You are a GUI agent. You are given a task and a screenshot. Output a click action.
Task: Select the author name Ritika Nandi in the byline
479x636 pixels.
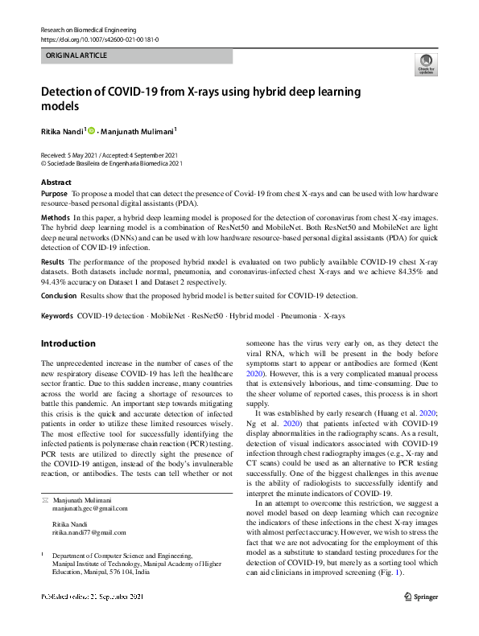[x=61, y=130]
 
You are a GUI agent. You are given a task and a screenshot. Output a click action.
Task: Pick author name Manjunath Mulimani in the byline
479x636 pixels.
[x=139, y=130]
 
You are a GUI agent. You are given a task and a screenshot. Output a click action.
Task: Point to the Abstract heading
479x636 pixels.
[x=56, y=183]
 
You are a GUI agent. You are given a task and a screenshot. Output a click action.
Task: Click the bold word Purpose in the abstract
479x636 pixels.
[x=54, y=195]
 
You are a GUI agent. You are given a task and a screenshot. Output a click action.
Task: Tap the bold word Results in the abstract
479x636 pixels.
[x=52, y=262]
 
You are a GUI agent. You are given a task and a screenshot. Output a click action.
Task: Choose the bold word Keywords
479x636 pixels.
[x=57, y=315]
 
